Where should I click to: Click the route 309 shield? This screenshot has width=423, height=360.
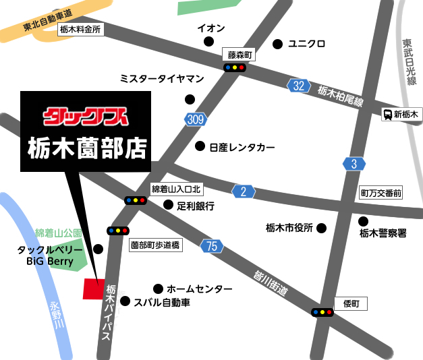coord(194,119)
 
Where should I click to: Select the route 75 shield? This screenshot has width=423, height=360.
coord(212,247)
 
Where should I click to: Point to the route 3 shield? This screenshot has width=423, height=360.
coord(354,164)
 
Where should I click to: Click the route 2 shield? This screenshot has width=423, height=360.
coord(244,191)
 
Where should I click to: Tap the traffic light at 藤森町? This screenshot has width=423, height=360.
coord(235,67)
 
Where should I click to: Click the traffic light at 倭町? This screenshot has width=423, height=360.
coord(322,312)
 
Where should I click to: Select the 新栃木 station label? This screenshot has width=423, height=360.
coord(406,115)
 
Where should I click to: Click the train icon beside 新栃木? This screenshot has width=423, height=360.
coord(388,115)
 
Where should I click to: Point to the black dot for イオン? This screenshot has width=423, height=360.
coord(208,42)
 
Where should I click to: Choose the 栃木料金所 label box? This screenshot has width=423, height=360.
coord(80,30)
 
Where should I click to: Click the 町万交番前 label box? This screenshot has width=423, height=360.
coord(380,193)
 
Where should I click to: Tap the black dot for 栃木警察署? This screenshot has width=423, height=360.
coord(363,220)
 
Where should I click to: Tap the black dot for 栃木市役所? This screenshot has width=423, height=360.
coord(321,228)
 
